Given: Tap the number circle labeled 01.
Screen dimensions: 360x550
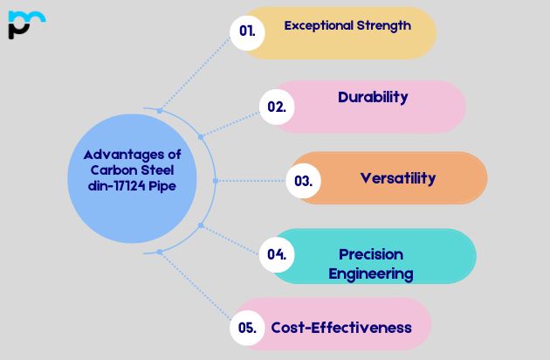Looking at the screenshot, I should (x=247, y=31).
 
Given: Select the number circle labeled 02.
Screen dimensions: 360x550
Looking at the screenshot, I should (x=277, y=107).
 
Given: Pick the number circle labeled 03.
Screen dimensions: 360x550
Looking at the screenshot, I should (x=303, y=181).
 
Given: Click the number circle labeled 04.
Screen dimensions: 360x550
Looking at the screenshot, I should (x=277, y=255).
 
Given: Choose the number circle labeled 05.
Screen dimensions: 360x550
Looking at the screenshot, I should (x=247, y=329).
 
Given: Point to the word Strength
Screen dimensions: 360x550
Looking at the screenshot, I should (x=382, y=25).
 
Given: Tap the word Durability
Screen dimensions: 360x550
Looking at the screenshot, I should (x=373, y=97).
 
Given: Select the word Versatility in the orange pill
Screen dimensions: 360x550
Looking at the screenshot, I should (x=397, y=178).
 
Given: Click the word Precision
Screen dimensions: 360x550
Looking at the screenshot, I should (x=371, y=254).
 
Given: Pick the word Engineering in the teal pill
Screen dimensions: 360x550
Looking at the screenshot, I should (x=371, y=273).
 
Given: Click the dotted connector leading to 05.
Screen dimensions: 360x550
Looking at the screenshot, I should (x=196, y=289).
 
